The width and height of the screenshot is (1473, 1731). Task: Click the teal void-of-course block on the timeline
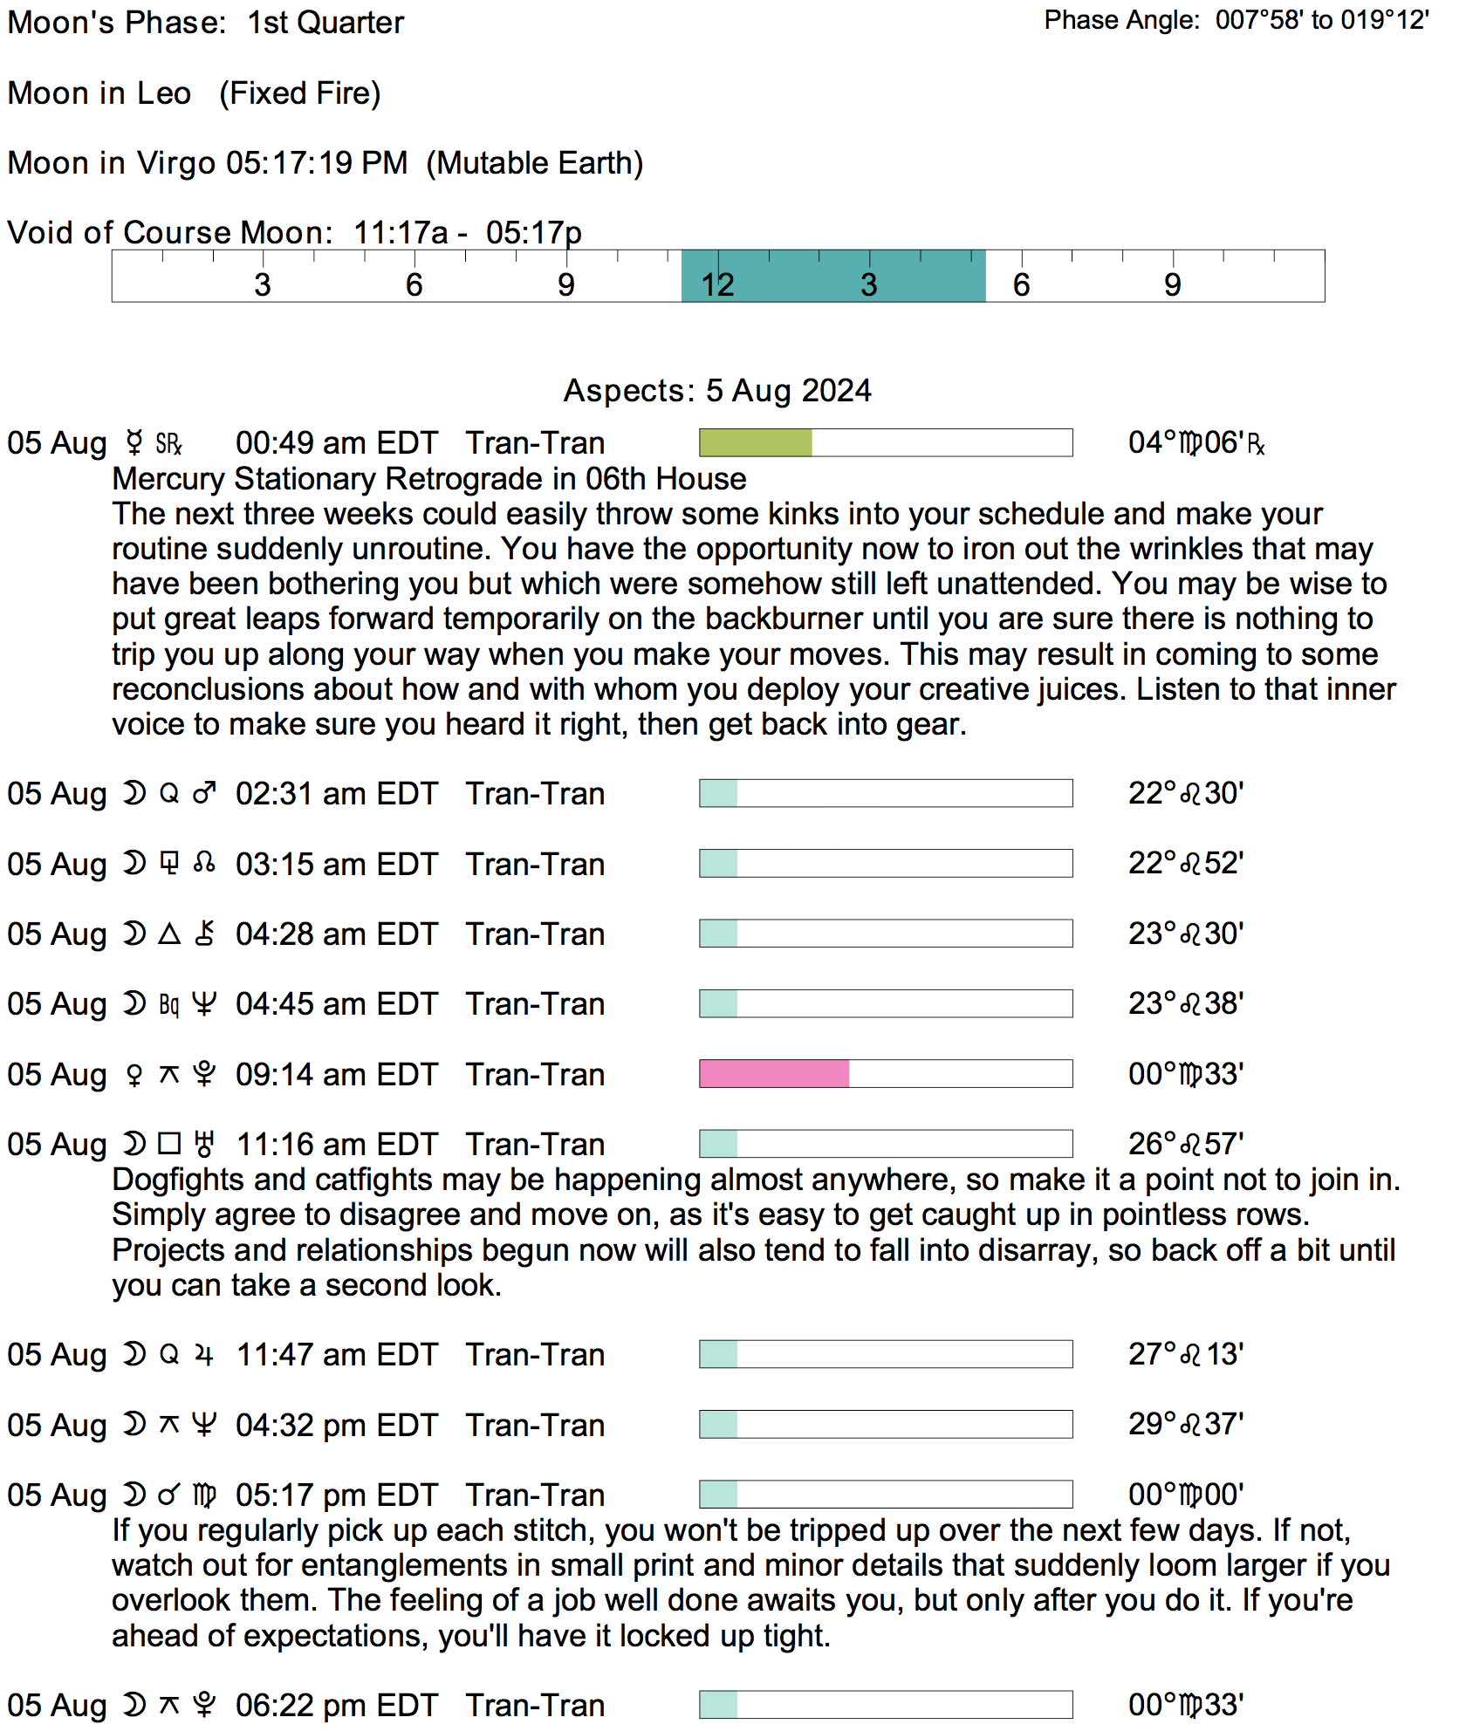click(832, 277)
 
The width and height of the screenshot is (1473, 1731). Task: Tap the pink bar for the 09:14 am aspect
click(774, 1073)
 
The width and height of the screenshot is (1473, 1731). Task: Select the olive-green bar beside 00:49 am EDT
click(755, 442)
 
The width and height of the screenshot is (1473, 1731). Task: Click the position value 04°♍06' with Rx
click(1196, 443)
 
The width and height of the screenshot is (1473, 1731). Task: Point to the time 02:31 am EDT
click(336, 794)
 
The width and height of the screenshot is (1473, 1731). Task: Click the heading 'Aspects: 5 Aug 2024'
click(717, 390)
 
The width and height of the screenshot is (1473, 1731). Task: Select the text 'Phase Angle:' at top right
click(1121, 20)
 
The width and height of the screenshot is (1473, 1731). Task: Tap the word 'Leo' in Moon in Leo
click(164, 93)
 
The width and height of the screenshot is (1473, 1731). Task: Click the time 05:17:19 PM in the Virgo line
click(317, 163)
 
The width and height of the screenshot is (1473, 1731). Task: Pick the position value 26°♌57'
click(1185, 1144)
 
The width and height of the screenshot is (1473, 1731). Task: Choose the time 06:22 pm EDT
click(336, 1705)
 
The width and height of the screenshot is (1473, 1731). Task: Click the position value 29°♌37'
click(1185, 1425)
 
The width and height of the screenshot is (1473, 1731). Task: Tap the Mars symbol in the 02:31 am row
click(204, 793)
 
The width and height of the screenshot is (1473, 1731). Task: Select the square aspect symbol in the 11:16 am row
click(169, 1144)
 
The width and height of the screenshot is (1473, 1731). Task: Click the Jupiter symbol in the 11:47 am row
click(204, 1355)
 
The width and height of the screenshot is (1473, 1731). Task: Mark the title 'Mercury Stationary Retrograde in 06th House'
click(429, 479)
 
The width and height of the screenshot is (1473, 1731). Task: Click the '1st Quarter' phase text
click(325, 23)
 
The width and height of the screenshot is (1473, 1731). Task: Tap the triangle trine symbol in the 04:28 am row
click(169, 934)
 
